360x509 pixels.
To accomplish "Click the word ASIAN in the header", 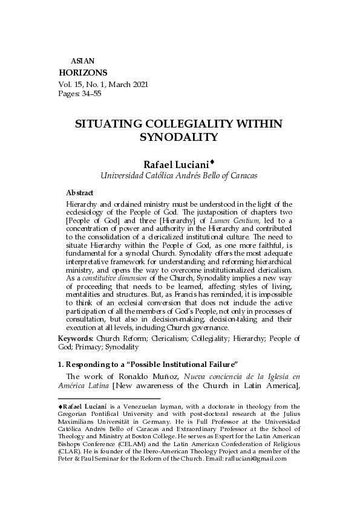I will pyautogui.click(x=82, y=61).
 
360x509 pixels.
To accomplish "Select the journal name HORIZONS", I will pyautogui.click(x=83, y=73).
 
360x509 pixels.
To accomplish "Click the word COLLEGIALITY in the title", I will pyautogui.click(x=185, y=123).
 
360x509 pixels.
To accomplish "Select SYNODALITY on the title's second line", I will pyautogui.click(x=178, y=137).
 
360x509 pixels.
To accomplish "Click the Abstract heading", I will pyautogui.click(x=79, y=193).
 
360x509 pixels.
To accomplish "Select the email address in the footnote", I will pyautogui.click(x=258, y=458).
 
